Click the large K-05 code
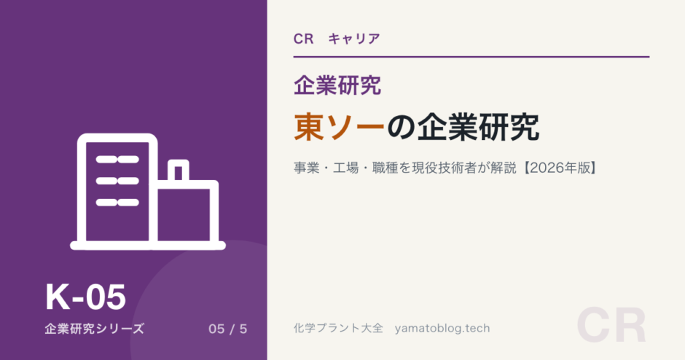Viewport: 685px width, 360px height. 86,297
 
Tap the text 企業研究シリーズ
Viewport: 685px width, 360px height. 94,329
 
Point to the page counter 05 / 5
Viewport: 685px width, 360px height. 227,329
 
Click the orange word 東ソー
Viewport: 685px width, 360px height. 339,127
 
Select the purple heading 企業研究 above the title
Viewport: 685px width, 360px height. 337,85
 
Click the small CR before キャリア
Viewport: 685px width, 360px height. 304,39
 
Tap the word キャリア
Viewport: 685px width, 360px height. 354,39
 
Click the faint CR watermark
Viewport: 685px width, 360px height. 611,326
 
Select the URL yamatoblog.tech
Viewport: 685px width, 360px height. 442,329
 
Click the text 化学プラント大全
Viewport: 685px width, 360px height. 338,328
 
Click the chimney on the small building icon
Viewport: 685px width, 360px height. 179,171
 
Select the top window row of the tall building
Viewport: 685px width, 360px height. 117,160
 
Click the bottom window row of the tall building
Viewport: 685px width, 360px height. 117,203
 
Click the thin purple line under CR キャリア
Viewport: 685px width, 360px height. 471,57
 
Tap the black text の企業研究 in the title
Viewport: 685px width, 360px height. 463,127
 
